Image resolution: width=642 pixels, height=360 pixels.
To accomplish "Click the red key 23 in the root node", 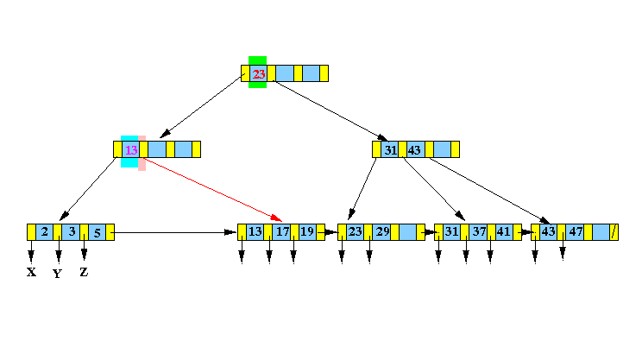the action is click(259, 74).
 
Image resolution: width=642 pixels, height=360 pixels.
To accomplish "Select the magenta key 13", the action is click(131, 150).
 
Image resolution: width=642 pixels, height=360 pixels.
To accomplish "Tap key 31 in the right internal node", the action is click(391, 150).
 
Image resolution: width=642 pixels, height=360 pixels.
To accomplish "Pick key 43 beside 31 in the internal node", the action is click(414, 150).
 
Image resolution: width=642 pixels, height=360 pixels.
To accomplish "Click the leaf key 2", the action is click(45, 232).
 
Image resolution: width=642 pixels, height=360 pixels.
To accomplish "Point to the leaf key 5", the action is click(97, 233).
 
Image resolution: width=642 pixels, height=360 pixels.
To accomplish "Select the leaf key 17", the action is click(282, 232).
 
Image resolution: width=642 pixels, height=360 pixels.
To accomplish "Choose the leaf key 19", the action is click(307, 232).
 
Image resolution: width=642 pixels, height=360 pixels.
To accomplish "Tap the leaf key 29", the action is click(383, 232).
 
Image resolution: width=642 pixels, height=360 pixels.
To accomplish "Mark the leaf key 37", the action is click(479, 232).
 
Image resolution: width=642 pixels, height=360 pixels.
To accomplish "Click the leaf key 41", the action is click(504, 232).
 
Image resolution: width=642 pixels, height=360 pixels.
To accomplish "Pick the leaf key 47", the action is click(576, 232).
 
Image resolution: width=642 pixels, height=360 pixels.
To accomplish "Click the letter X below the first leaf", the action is click(31, 272).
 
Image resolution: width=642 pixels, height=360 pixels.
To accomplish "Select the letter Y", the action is click(57, 274).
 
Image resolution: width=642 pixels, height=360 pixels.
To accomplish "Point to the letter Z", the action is click(84, 272).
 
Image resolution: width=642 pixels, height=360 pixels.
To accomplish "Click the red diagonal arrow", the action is click(212, 190).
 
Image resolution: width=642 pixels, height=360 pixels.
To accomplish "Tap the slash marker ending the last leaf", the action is click(614, 232).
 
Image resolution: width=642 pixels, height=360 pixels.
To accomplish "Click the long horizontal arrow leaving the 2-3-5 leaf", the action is click(173, 232).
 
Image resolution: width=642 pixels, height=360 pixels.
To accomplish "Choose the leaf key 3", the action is click(72, 232).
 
